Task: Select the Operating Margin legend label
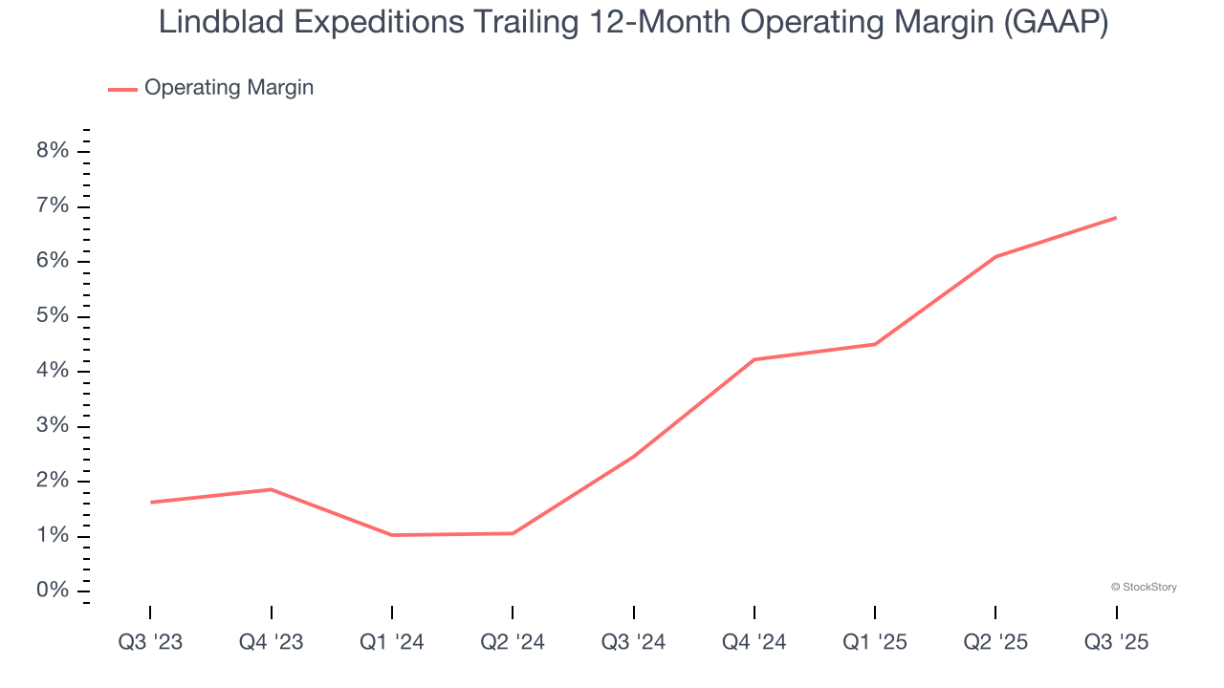(229, 88)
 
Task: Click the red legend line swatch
(122, 89)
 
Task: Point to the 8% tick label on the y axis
(53, 151)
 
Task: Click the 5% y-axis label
(53, 316)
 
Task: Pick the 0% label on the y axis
(53, 591)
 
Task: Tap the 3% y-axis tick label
(53, 426)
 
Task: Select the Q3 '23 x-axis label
(150, 642)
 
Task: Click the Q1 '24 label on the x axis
(392, 642)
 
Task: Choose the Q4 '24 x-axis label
(754, 642)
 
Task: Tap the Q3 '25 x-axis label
(1116, 642)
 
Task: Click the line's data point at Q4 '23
(272, 489)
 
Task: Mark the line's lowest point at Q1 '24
(392, 535)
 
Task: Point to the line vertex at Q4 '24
(754, 359)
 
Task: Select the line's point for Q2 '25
(995, 256)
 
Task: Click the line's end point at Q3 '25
(1116, 218)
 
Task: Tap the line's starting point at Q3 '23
(151, 502)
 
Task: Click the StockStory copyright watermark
(1144, 587)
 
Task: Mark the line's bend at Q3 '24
(633, 456)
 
